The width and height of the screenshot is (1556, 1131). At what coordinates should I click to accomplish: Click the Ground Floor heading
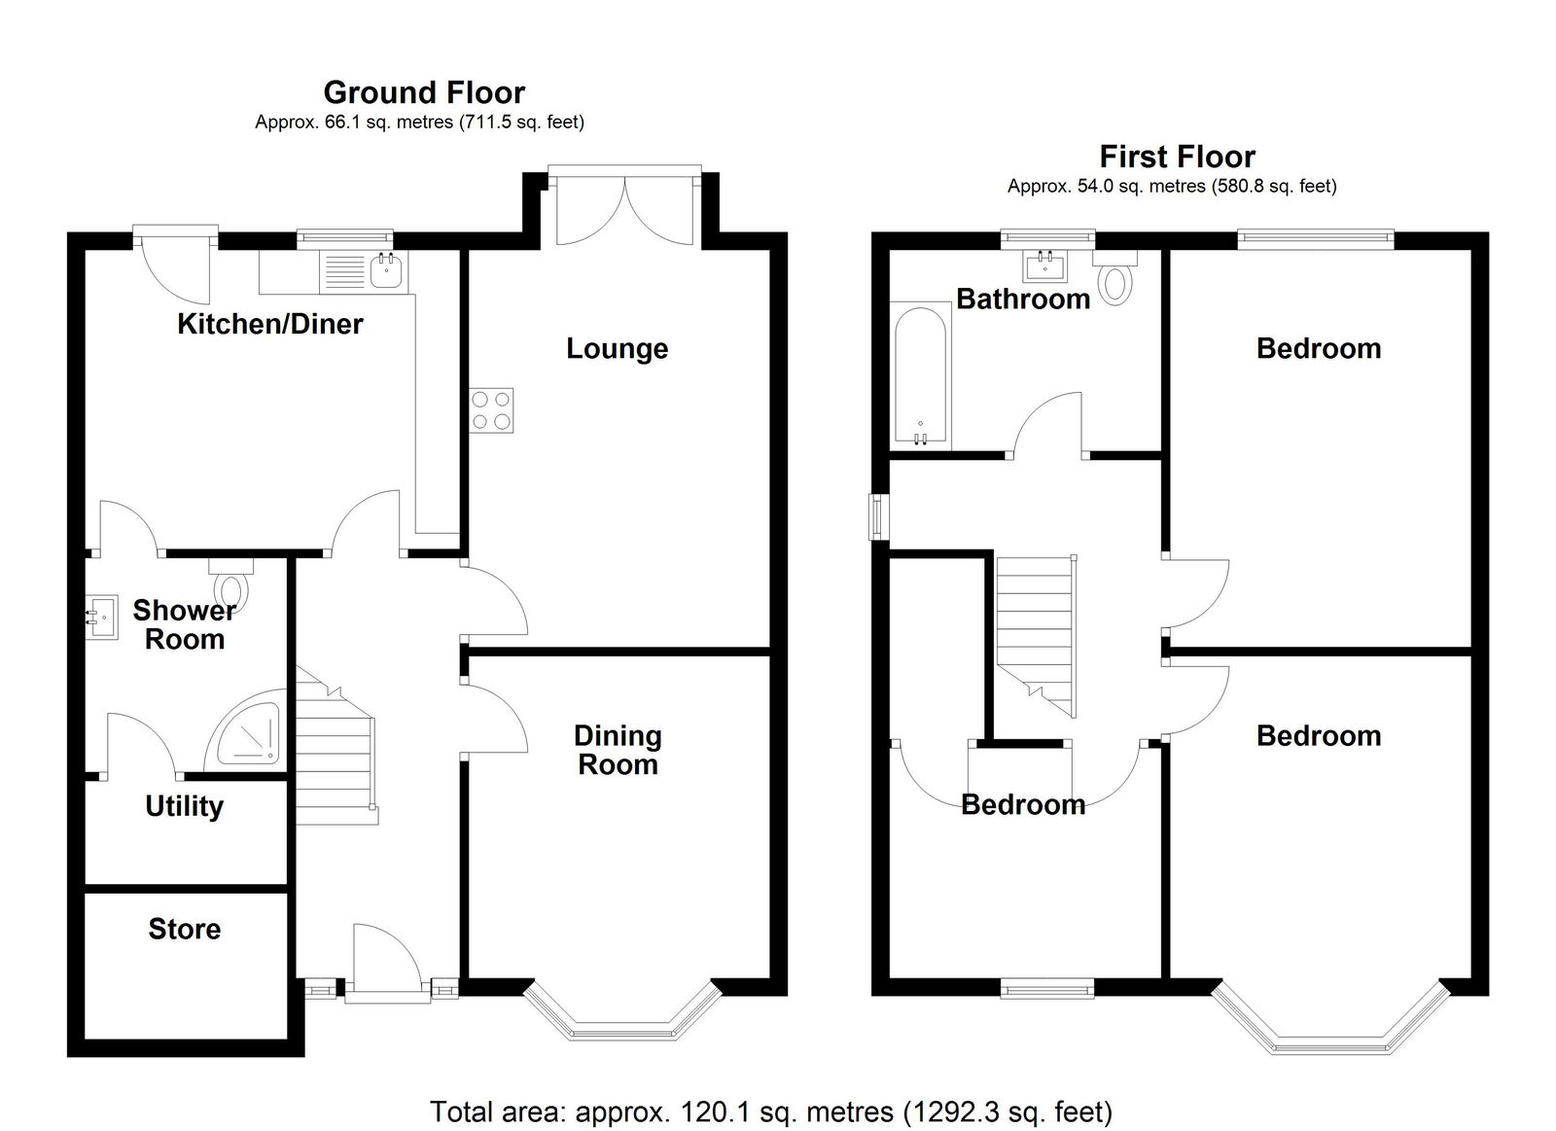pos(424,93)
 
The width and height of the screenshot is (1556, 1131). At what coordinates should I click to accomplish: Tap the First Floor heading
pos(1178,157)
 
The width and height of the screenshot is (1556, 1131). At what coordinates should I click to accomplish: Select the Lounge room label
pos(618,349)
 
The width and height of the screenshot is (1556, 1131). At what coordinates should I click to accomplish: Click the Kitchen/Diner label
pos(270,325)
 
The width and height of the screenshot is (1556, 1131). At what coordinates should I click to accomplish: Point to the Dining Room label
pos(618,751)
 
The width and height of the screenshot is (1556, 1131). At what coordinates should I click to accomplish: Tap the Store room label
pos(185,929)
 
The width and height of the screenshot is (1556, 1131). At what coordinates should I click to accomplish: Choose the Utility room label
pos(185,806)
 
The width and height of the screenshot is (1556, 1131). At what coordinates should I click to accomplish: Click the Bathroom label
pos(1023,300)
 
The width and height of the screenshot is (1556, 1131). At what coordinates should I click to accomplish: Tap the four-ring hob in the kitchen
pos(491,410)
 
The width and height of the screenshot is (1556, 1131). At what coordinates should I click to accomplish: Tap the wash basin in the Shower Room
pos(101,617)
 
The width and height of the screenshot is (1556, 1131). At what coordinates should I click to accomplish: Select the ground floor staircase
pos(336,746)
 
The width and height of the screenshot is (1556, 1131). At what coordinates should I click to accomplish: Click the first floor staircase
pos(1037,636)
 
